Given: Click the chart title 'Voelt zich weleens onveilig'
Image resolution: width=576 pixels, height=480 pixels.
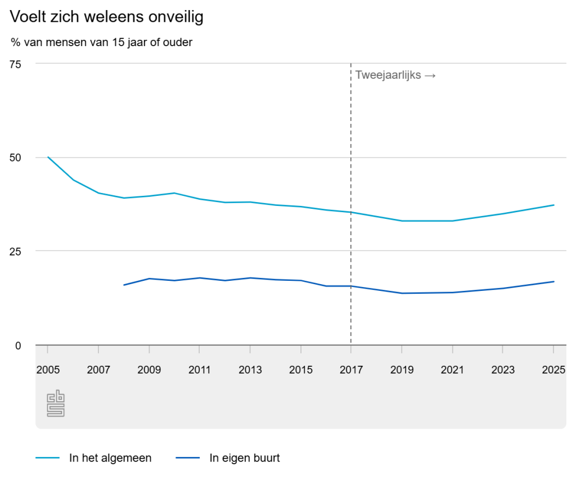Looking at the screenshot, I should [107, 17].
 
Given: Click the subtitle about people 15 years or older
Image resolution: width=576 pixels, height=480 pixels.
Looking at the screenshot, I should [101, 42].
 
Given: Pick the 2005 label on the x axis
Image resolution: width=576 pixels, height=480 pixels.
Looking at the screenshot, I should [48, 370].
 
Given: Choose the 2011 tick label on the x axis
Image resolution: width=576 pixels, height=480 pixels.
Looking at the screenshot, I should [200, 370].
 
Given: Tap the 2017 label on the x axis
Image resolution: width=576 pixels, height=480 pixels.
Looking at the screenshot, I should [351, 370].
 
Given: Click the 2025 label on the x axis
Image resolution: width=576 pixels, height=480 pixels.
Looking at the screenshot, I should [553, 370].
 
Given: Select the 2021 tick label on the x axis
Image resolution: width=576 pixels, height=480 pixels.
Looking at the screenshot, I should [452, 370].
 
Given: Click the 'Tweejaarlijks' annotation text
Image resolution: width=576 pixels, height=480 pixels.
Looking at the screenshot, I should [388, 75].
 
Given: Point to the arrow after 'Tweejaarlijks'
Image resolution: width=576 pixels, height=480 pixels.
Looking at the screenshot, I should [430, 75].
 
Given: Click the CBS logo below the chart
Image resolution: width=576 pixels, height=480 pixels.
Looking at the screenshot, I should [56, 403].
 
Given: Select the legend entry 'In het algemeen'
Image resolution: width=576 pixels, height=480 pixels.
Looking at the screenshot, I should [110, 458].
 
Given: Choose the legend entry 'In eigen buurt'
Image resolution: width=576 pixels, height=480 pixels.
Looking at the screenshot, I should [245, 458].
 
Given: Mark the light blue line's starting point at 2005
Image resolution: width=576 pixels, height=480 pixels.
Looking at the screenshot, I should [48, 157].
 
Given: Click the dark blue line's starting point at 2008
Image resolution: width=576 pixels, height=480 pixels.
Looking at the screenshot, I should [124, 285].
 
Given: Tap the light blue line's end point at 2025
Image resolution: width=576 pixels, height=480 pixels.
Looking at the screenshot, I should [554, 205].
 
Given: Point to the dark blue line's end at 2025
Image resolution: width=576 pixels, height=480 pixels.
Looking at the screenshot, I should [554, 281].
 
